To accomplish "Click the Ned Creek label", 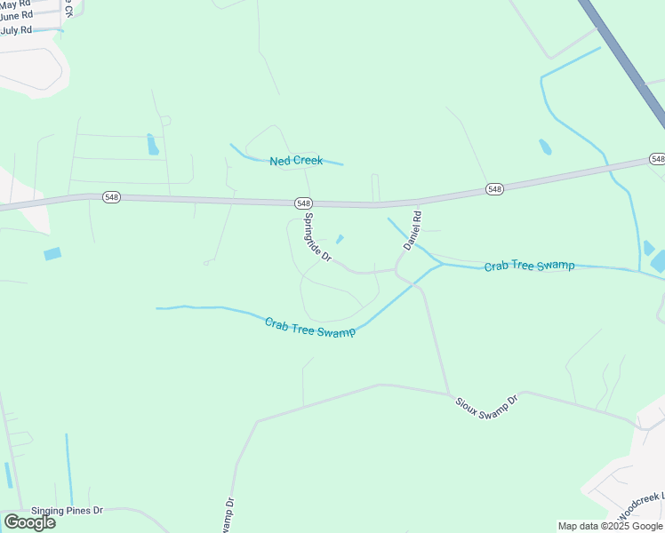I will pyautogui.click(x=296, y=161).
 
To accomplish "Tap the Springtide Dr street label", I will pyautogui.click(x=317, y=236).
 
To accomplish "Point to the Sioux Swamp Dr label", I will pyautogui.click(x=485, y=406).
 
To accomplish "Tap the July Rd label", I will pyautogui.click(x=16, y=29).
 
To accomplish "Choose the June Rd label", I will pyautogui.click(x=16, y=16).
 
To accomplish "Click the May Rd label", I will pyautogui.click(x=16, y=4).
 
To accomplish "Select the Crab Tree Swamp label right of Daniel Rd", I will pyautogui.click(x=529, y=266).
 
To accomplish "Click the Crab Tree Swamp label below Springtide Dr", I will pyautogui.click(x=309, y=326).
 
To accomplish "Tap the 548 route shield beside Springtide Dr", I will pyautogui.click(x=304, y=203).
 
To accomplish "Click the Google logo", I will pyautogui.click(x=29, y=522).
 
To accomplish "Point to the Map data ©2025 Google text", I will pyautogui.click(x=610, y=526).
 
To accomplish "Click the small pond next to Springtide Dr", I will pyautogui.click(x=340, y=239).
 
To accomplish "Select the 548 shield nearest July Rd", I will pyautogui.click(x=110, y=197).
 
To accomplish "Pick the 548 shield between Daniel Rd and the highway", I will pyautogui.click(x=494, y=188).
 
